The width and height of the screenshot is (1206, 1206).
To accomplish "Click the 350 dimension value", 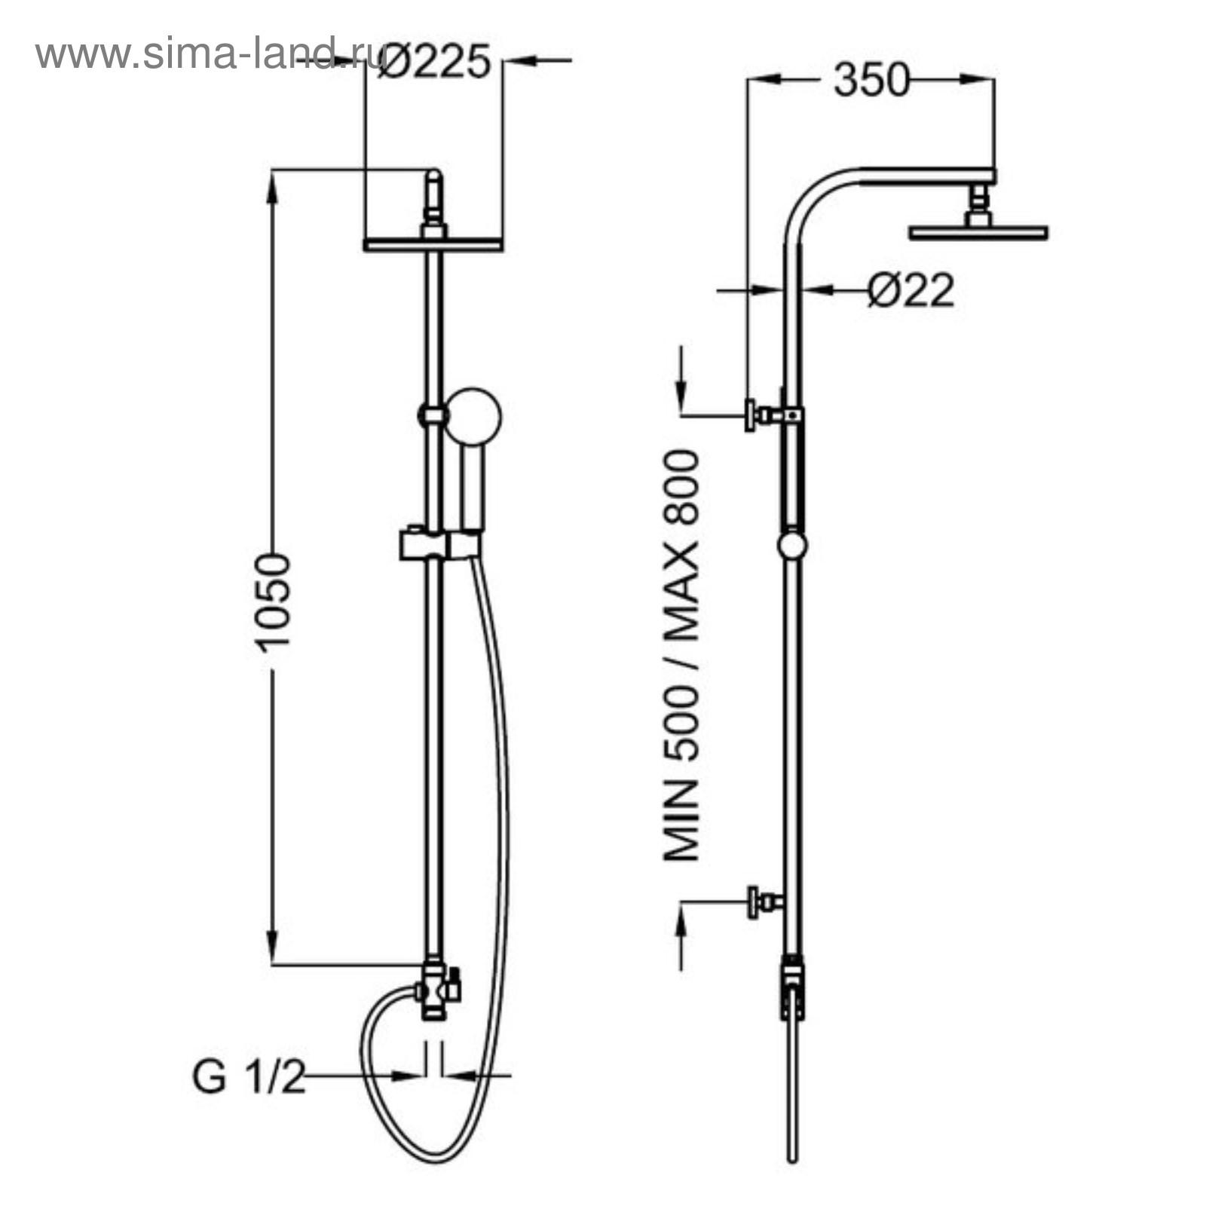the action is (871, 80).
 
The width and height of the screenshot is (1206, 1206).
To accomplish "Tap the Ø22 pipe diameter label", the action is (911, 289).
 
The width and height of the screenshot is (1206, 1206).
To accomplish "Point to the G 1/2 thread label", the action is (249, 1079).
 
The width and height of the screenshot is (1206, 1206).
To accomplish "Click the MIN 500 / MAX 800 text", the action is (682, 655).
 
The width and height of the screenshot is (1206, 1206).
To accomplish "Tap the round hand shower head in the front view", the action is (473, 415).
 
